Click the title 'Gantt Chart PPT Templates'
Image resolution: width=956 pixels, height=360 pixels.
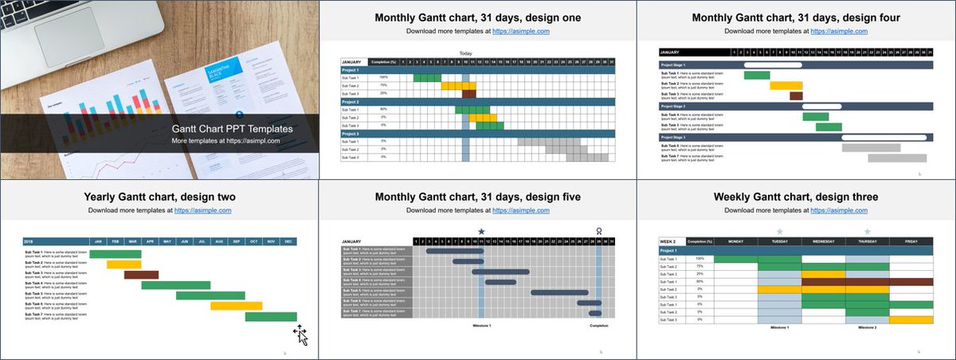point(233,128)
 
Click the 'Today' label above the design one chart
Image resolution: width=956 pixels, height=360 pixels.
point(466,53)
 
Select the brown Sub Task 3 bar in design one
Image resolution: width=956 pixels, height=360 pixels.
point(469,93)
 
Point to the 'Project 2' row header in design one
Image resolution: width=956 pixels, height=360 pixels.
point(351,102)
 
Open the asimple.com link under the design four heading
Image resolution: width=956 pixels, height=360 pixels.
point(840,31)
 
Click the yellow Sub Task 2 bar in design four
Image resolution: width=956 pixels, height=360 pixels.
point(786,85)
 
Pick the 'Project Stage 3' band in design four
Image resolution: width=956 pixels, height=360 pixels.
point(673,137)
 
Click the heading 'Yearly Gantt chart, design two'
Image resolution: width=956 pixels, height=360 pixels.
point(159,197)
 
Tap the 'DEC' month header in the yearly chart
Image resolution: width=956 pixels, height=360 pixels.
point(288,241)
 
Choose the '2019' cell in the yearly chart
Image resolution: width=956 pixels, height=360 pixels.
point(29,241)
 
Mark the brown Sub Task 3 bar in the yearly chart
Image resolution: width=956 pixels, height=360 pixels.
point(141,275)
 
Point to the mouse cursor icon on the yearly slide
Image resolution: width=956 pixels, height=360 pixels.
point(301,335)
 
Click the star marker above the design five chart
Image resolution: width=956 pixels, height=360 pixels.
point(481,232)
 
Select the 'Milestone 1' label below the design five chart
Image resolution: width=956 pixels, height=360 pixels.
point(481,326)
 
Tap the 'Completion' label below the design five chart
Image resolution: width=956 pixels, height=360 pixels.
point(598,326)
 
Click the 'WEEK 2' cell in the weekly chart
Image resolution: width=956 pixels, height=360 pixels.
point(668,241)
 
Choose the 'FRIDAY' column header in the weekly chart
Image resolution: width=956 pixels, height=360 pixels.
point(911,241)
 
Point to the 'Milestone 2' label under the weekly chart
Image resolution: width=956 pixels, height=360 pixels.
point(868,327)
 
